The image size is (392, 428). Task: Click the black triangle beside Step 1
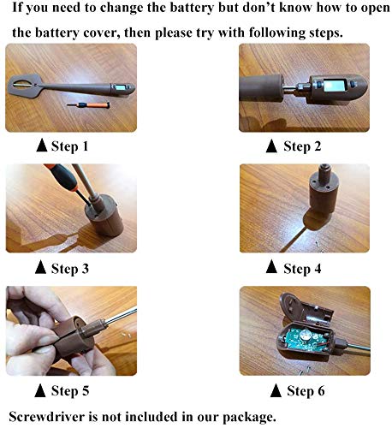[x=42, y=146]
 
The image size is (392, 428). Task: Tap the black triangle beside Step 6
[x=276, y=390]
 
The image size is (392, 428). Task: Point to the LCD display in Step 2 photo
[x=334, y=86]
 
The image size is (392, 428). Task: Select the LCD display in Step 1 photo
[x=118, y=88]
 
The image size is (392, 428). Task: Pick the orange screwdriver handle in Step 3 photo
[x=61, y=174]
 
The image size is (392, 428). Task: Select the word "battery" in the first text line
[x=191, y=8]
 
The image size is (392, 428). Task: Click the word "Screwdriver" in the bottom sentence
[x=47, y=417]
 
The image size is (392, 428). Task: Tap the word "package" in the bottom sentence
[x=248, y=418]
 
